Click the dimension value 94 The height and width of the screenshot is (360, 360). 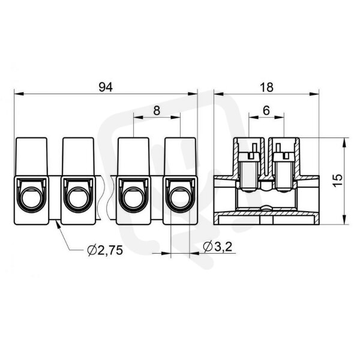[106, 87]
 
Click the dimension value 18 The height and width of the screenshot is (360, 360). [266, 87]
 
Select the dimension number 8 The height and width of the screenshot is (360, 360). [157, 110]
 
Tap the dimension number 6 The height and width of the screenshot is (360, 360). [266, 110]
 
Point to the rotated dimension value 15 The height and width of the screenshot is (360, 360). [338, 181]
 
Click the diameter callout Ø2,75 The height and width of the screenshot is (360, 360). [105, 250]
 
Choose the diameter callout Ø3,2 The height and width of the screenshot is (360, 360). [218, 247]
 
